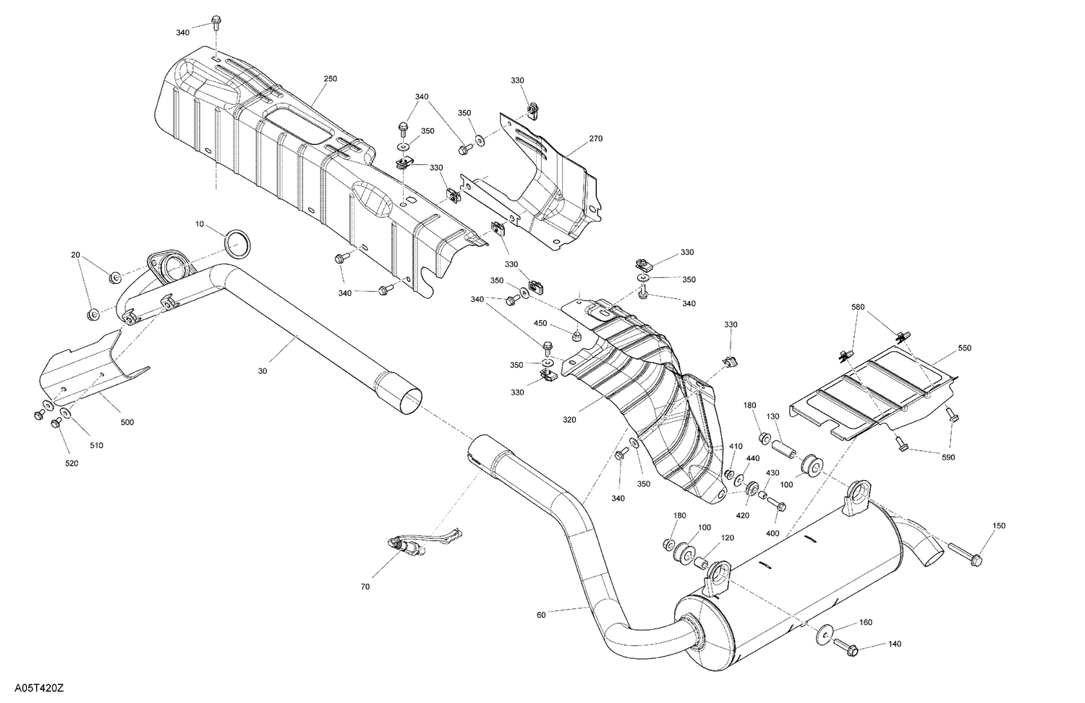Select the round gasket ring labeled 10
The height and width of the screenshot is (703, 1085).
[x=236, y=244]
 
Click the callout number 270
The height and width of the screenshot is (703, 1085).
[x=595, y=138]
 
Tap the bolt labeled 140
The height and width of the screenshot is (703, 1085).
[x=844, y=644]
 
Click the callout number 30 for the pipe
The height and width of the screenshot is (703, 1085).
[x=262, y=371]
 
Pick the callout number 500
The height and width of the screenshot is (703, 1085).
[x=127, y=422]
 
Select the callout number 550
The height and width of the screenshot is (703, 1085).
[x=964, y=348]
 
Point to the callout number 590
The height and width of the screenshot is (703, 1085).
[x=947, y=457]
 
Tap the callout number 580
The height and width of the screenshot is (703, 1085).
[x=858, y=307]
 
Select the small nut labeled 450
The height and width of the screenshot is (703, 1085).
[x=577, y=336]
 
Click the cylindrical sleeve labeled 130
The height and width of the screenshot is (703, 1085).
[x=784, y=450]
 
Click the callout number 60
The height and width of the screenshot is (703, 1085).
[x=542, y=615]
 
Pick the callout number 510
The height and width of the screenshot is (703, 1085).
[x=96, y=445]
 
